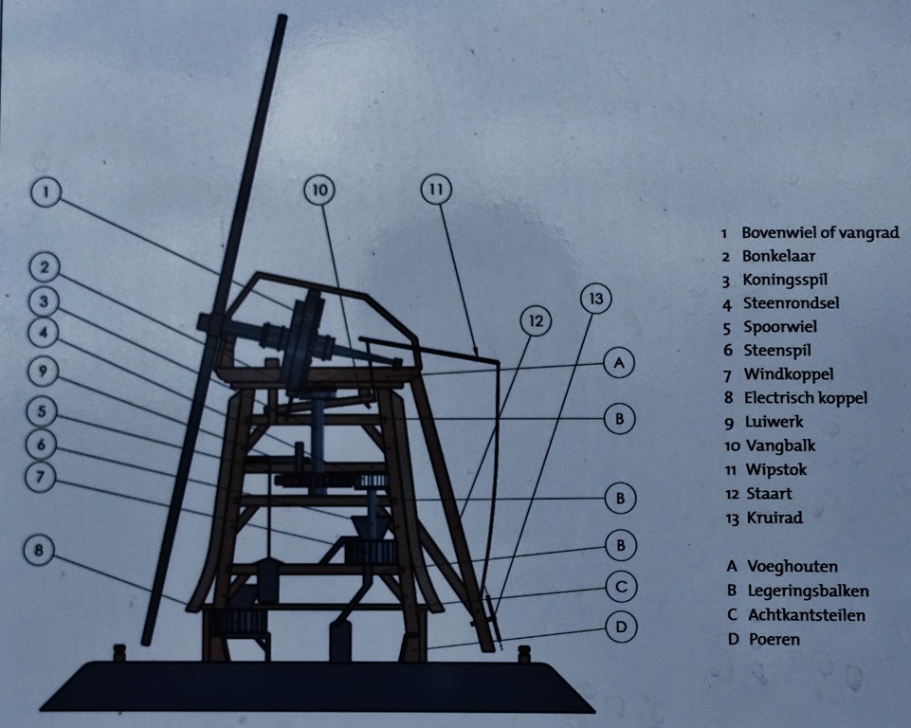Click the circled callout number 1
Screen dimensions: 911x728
[x=47, y=191]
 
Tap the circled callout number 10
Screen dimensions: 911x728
[x=320, y=190]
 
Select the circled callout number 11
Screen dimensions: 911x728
[x=436, y=190]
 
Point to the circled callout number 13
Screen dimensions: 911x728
[x=595, y=299]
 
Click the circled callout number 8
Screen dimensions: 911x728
[x=39, y=550]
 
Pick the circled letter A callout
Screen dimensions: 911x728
[x=619, y=363]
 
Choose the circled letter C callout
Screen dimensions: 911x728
[x=621, y=587]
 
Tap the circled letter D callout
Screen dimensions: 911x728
[x=621, y=627]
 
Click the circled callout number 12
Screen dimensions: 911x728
[x=536, y=320]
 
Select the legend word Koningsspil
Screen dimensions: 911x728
[x=785, y=280]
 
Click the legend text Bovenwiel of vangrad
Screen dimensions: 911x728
[x=820, y=232]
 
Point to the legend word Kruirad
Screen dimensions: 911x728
[x=774, y=518]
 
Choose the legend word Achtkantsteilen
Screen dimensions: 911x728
[x=807, y=614]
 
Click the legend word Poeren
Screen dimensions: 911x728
[x=774, y=639]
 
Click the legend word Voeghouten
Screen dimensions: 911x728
[x=792, y=567]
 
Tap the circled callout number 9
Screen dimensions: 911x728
[x=43, y=371]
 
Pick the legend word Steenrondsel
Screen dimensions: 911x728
[x=792, y=303]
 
